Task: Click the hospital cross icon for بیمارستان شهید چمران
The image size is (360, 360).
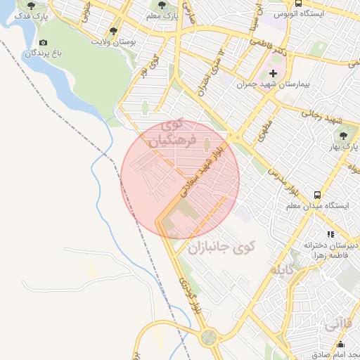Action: [274, 73]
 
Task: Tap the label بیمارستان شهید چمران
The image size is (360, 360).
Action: [284, 84]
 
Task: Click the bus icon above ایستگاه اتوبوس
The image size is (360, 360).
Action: [299, 3]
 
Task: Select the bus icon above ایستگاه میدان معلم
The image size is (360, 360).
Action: [318, 195]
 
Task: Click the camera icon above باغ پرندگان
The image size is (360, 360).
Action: [44, 43]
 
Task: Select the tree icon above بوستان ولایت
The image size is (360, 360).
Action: [114, 31]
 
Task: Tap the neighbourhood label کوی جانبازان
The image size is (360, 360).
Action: [221, 247]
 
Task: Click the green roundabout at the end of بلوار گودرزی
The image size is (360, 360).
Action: [208, 337]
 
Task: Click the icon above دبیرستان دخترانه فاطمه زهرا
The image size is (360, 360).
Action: [330, 234]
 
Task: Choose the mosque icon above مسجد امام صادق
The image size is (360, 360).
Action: [341, 344]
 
